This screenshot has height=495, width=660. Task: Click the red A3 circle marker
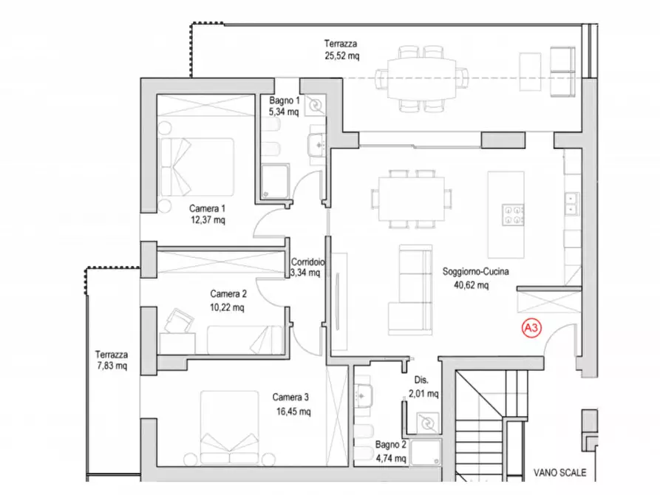pyautogui.click(x=531, y=328)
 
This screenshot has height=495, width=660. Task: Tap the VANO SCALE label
pyautogui.click(x=559, y=473)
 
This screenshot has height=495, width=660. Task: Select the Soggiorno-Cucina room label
pyautogui.click(x=476, y=271)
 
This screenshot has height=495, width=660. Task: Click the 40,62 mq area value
pyautogui.click(x=471, y=285)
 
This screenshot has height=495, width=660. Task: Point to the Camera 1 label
pyautogui.click(x=207, y=208)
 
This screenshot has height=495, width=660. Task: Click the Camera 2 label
pyautogui.click(x=228, y=294)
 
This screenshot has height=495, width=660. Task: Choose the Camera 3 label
pyautogui.click(x=290, y=397)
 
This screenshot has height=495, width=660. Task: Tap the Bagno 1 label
pyautogui.click(x=285, y=100)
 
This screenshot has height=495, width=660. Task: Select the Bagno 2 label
pyautogui.click(x=391, y=445)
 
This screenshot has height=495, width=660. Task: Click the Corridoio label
pyautogui.click(x=307, y=262)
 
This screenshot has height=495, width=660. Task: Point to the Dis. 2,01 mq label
pyautogui.click(x=423, y=387)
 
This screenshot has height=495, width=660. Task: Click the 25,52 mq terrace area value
pyautogui.click(x=341, y=55)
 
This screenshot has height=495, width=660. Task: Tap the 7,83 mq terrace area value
pyautogui.click(x=112, y=366)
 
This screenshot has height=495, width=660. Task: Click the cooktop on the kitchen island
pyautogui.click(x=513, y=215)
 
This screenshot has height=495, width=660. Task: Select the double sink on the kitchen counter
pyautogui.click(x=571, y=203)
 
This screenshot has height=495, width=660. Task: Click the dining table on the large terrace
pyautogui.click(x=421, y=79)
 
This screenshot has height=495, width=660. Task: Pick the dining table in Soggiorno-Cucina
pyautogui.click(x=411, y=199)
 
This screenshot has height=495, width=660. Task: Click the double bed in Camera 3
pyautogui.click(x=229, y=428)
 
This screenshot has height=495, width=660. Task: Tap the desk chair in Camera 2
pyautogui.click(x=179, y=321)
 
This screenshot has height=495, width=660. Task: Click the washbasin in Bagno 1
pyautogui.click(x=316, y=144)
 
